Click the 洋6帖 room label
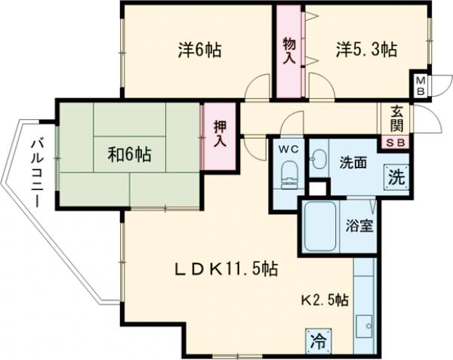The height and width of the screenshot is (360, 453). [x=199, y=51]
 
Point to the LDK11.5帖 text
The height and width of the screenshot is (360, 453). [x=227, y=269]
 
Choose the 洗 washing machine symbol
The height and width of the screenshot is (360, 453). [x=396, y=180]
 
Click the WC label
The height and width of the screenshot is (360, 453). [x=290, y=149]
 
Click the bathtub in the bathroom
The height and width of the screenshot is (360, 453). [x=319, y=226]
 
